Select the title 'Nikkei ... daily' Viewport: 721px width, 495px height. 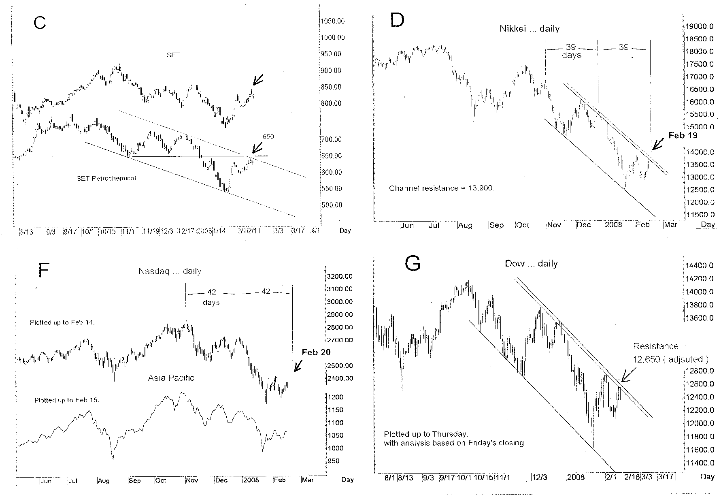[x=529, y=29]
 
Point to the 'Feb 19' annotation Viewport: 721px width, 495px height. [x=683, y=135]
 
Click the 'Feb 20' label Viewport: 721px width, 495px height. [x=316, y=352]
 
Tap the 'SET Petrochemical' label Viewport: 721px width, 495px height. [x=106, y=178]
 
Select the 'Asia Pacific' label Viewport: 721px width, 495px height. [x=171, y=378]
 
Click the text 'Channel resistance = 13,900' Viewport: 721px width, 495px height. [x=441, y=188]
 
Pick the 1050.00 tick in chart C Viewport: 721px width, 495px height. [x=332, y=21]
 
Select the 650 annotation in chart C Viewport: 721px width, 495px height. [x=268, y=137]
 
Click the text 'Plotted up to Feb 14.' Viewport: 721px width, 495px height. [x=62, y=322]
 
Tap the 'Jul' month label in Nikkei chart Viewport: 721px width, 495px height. [x=434, y=225]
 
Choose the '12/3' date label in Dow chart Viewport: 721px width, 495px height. [x=539, y=477]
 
